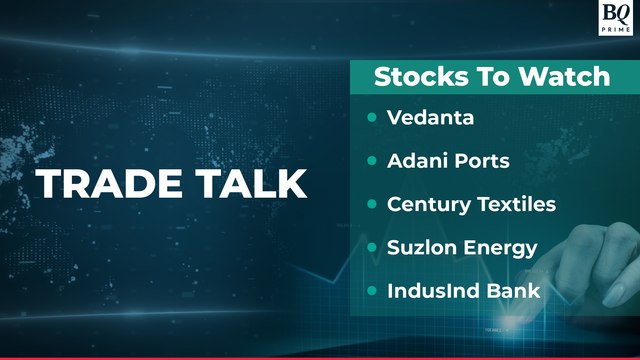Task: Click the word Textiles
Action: (514, 204)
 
